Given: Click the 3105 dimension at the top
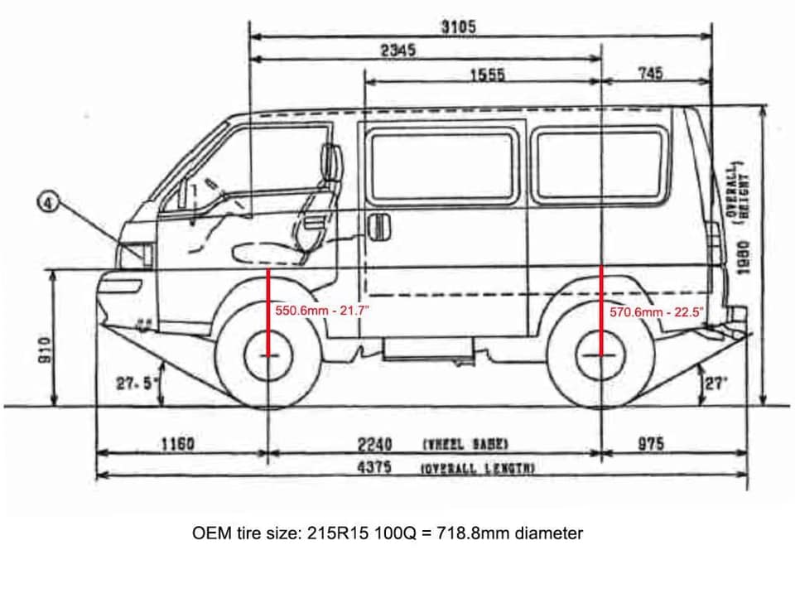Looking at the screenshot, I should point(458,27).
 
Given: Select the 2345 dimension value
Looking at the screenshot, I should point(397,50).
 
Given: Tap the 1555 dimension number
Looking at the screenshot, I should point(487,75).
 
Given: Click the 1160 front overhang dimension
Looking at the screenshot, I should point(177,444).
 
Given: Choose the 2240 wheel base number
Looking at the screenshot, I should point(374,444).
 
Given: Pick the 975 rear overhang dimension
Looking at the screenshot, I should point(651,444).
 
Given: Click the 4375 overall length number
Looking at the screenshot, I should point(374,467).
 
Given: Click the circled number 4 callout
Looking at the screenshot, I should point(49,202).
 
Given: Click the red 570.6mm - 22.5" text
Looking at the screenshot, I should point(656,312).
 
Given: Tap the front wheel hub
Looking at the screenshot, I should point(268,355).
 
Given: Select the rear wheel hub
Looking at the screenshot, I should point(601,355).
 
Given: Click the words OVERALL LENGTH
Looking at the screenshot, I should point(478,469).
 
